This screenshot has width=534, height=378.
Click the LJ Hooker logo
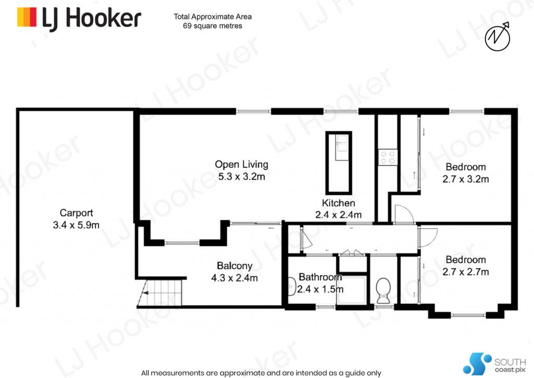(x=79, y=18)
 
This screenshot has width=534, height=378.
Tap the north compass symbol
(x=497, y=36)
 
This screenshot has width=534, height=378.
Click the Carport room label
(x=76, y=213)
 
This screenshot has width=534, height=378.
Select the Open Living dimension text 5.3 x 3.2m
(x=242, y=177)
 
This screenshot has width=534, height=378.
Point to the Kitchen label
(x=338, y=203)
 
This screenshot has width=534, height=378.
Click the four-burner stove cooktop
(x=388, y=157)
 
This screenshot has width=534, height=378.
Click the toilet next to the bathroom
(x=383, y=290)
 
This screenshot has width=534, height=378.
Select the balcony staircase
(x=160, y=292)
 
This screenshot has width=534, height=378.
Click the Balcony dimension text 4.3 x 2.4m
(x=235, y=278)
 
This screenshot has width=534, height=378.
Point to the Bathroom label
(x=320, y=277)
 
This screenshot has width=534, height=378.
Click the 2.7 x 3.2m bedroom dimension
(x=466, y=179)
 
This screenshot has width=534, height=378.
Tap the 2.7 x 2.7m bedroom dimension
(x=466, y=272)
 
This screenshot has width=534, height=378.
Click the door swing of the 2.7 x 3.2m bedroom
(x=404, y=214)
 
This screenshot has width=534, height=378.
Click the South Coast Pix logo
(x=494, y=364)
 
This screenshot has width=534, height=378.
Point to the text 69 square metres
(x=213, y=26)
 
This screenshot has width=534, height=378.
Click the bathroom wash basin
(x=292, y=286)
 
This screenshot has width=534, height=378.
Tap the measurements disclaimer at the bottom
(x=261, y=373)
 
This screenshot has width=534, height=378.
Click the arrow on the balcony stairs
(x=145, y=292)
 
